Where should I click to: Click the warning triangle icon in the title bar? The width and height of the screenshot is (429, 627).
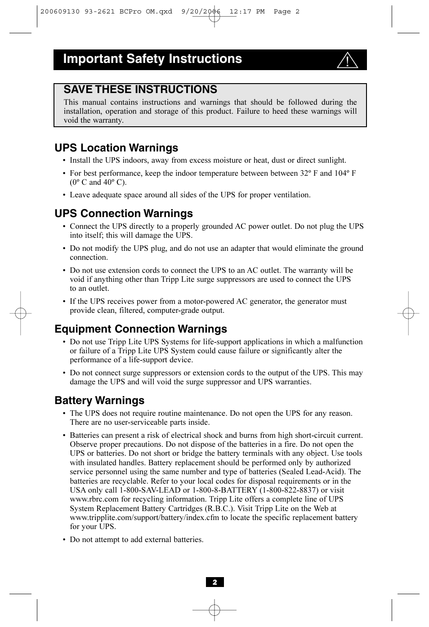pyautogui.click(x=347, y=60)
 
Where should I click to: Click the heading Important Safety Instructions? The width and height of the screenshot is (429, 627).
pyautogui.click(x=152, y=59)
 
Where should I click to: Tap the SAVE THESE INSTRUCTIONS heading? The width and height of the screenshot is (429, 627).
pyautogui.click(x=140, y=89)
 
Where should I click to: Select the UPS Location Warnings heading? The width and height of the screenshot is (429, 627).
pyautogui.click(x=116, y=148)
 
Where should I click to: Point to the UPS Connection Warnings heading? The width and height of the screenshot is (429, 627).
pyautogui.click(x=124, y=213)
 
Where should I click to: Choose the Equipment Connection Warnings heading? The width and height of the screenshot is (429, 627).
pyautogui.click(x=141, y=329)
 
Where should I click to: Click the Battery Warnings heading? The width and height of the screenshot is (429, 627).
pyautogui.click(x=99, y=400)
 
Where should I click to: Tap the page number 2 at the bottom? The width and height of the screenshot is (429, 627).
pyautogui.click(x=214, y=582)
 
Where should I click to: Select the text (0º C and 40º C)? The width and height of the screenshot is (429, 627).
pyautogui.click(x=98, y=182)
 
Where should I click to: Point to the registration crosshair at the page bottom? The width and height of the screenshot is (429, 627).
pyautogui.click(x=214, y=609)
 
